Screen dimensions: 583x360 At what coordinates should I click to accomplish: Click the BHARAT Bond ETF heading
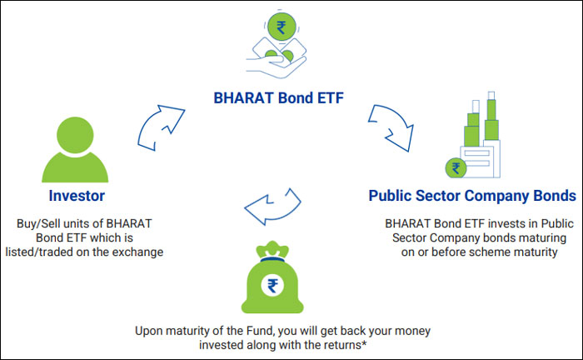tap(278, 98)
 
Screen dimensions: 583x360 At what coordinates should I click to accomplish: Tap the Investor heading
tap(77, 196)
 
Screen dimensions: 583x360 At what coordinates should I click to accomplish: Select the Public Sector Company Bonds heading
tap(472, 196)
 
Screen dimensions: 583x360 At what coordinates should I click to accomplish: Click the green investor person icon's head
tap(75, 135)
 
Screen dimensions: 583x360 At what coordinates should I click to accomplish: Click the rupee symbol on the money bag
tap(272, 286)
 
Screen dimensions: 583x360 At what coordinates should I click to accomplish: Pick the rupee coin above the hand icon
tap(282, 27)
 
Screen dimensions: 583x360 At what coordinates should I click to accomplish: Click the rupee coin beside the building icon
tap(456, 168)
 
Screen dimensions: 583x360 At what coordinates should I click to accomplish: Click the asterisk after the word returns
tap(365, 342)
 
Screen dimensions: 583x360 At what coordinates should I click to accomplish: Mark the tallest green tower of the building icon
tap(491, 119)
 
